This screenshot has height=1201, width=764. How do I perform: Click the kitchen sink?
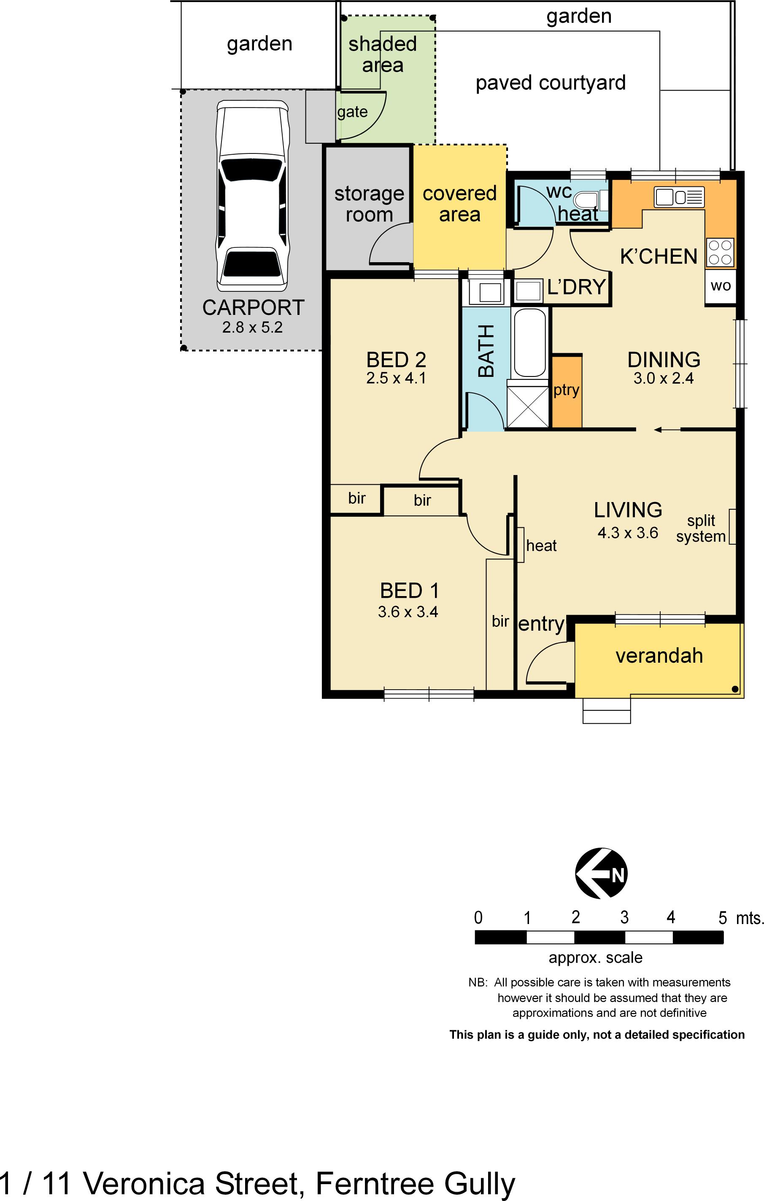coord(679,197)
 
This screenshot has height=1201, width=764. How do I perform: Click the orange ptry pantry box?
coord(567,391)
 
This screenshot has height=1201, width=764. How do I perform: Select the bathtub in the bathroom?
coord(529,343)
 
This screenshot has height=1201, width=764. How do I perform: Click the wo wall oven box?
coord(720,286)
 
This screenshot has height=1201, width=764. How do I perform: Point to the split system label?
coord(701,528)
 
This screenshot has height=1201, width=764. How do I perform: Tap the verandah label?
coord(659,656)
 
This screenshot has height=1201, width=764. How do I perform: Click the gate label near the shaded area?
coord(352,112)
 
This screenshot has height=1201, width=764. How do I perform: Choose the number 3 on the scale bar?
coord(624,917)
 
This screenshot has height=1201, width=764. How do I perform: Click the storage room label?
coord(369,204)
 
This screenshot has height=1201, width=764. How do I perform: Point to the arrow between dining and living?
coord(666,430)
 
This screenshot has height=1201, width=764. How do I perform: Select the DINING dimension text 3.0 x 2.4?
coord(663,379)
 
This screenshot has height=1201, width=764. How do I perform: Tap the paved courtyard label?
coord(551,83)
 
